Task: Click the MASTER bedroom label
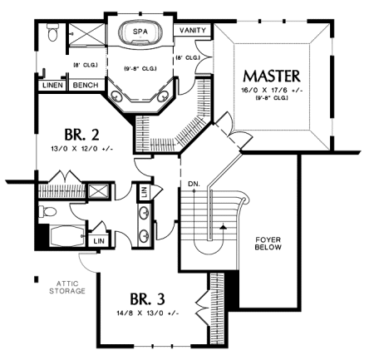coord(272,76)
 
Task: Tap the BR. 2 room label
coord(81,135)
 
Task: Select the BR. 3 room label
coord(147,298)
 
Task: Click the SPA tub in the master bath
coord(140,32)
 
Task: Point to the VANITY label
coord(193,30)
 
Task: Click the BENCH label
coord(86,85)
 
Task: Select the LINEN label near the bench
coord(52,85)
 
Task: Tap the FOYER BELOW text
coord(268,244)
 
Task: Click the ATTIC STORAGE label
coord(67,288)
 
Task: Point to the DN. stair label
coord(194,184)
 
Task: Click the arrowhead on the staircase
coord(222,227)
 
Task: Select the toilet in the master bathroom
coord(52,32)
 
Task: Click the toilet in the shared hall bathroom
coord(47,212)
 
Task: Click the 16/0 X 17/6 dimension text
coord(272,91)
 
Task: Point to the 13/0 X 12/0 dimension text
coord(82,149)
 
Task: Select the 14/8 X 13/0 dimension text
coord(148,313)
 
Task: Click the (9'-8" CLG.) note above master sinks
coord(140,68)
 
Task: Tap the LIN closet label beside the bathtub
coord(99,241)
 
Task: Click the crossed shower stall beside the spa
coord(86,34)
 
